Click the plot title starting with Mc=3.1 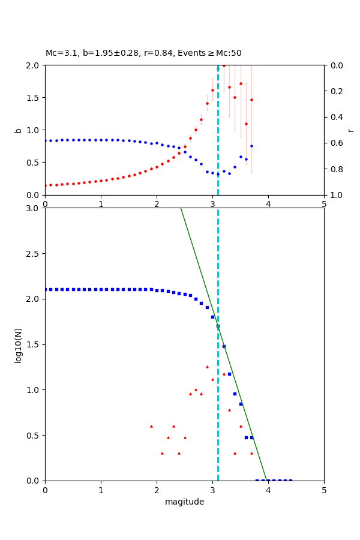[x=143, y=53]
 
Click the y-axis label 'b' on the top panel [x=18, y=130]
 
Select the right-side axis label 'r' [x=351, y=130]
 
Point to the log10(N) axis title [x=18, y=344]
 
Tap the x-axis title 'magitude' [x=184, y=502]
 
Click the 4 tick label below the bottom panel [x=268, y=490]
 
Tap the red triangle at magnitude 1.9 [x=151, y=426]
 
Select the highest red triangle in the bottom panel [x=207, y=367]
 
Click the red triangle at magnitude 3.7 [x=251, y=453]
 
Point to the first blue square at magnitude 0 [x=46, y=289]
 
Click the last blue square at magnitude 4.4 [x=290, y=480]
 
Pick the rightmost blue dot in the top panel [x=251, y=146]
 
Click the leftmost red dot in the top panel [x=46, y=185]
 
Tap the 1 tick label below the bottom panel [x=101, y=490]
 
